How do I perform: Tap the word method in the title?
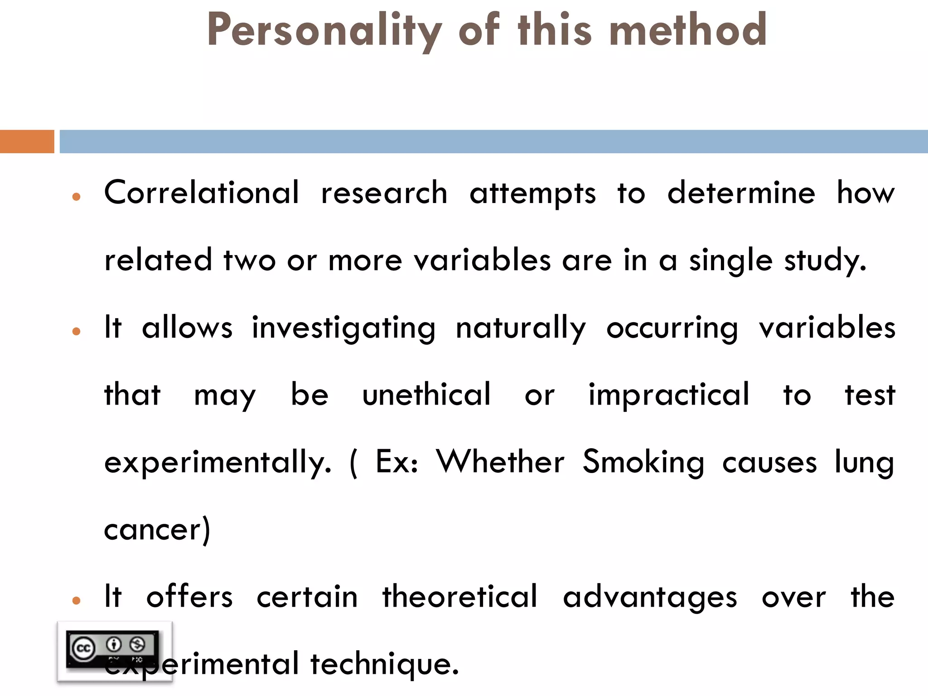(x=688, y=30)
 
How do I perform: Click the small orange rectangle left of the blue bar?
(x=27, y=141)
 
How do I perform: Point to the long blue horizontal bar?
(x=493, y=141)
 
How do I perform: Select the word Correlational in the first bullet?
(x=202, y=193)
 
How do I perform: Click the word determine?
(x=741, y=193)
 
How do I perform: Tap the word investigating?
(x=343, y=328)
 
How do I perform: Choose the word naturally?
(x=521, y=328)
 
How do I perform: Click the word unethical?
(x=426, y=394)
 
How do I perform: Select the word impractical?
(x=669, y=394)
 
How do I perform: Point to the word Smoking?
(x=643, y=462)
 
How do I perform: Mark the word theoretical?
(x=459, y=596)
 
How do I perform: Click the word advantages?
(x=650, y=597)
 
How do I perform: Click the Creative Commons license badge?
(x=114, y=651)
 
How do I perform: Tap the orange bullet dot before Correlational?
(x=76, y=197)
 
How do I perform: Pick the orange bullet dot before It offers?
(x=76, y=601)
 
